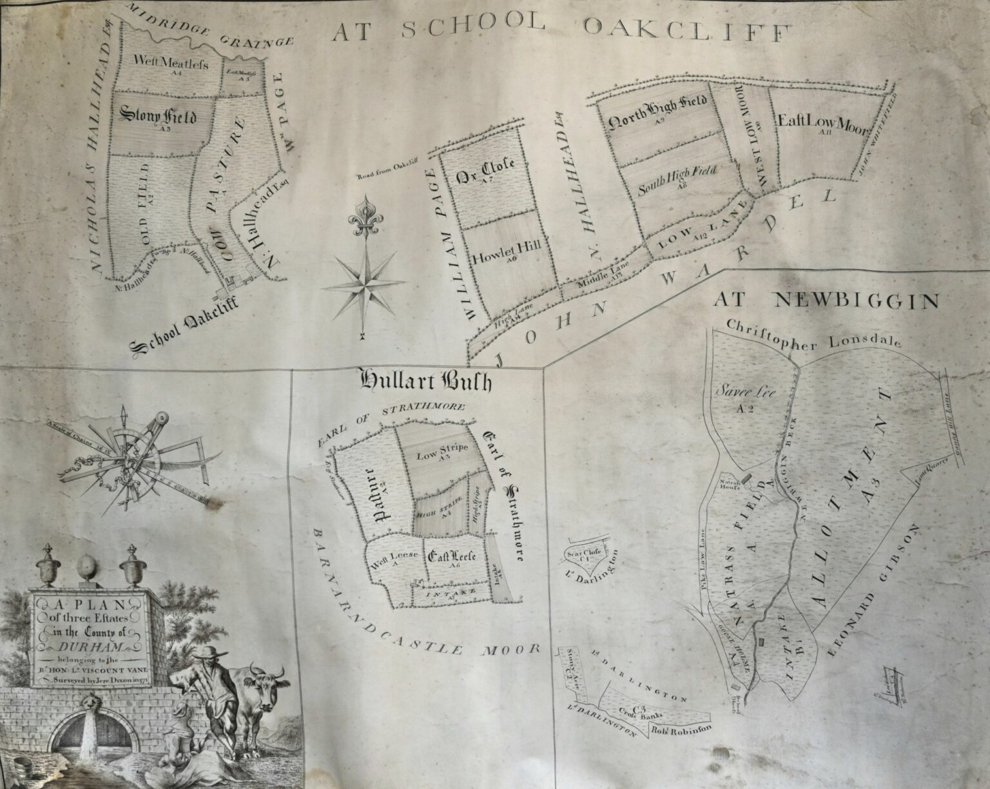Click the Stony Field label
pos(158,117)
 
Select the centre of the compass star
pos(365,282)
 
